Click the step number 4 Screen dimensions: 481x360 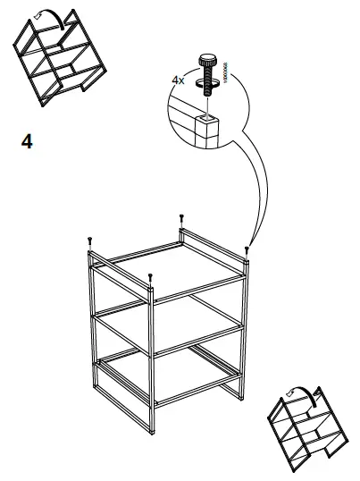[27, 142]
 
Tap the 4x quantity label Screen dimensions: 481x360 [178, 80]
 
